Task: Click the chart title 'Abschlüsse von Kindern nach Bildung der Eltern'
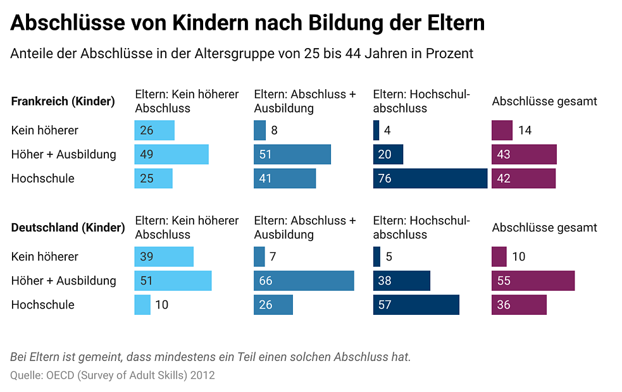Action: pos(247,23)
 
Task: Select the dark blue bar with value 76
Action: pos(430,178)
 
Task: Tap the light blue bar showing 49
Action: pos(171,154)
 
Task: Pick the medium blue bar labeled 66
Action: pos(304,281)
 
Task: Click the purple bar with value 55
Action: pos(533,281)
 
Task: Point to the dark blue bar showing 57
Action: pos(416,305)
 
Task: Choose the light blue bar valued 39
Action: pos(164,257)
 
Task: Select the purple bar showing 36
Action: pos(519,305)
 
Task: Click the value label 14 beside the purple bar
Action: pos(525,130)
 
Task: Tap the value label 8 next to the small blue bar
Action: pos(274,130)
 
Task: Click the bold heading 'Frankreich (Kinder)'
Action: pos(63,101)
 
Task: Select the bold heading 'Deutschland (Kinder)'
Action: pos(68,228)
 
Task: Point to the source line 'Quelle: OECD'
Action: pos(113,376)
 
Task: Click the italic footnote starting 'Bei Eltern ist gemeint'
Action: pos(211,357)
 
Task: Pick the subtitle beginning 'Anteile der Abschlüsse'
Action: pos(242,54)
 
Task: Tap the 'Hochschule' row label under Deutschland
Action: pos(43,305)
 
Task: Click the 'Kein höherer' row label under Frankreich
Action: pos(45,130)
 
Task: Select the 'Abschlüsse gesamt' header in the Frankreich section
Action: pos(544,101)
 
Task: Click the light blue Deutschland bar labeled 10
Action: pos(142,305)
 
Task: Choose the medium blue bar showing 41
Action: pos(285,178)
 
